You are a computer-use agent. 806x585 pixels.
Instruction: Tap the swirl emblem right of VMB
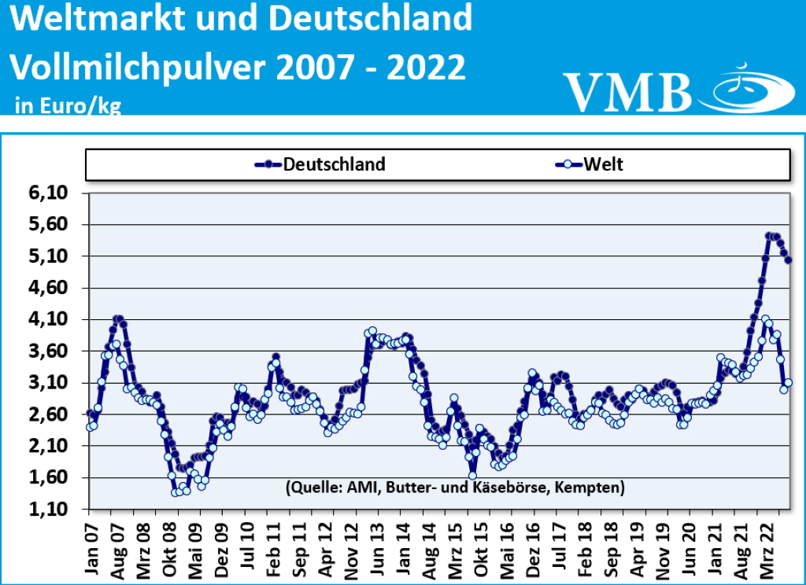[x=744, y=86]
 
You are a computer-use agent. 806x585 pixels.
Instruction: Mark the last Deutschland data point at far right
[x=789, y=259]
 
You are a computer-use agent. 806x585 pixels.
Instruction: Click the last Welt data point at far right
[x=789, y=382]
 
